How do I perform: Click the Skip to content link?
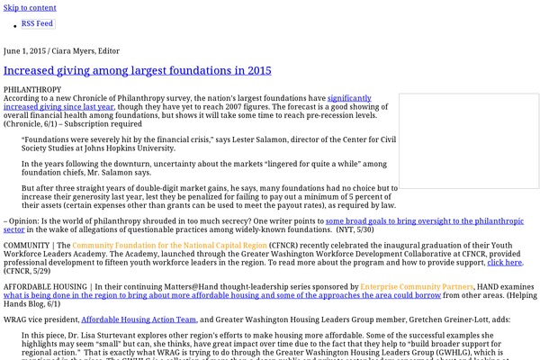(30, 7)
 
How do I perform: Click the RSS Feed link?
(37, 22)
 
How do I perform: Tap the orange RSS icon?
(14, 22)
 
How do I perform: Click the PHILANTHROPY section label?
(32, 90)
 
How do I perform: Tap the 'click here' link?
(504, 262)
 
